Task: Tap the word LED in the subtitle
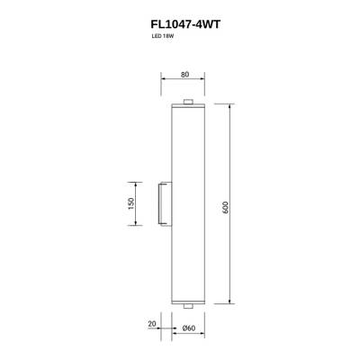157,41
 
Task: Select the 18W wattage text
169,41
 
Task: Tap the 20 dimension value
152,321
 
